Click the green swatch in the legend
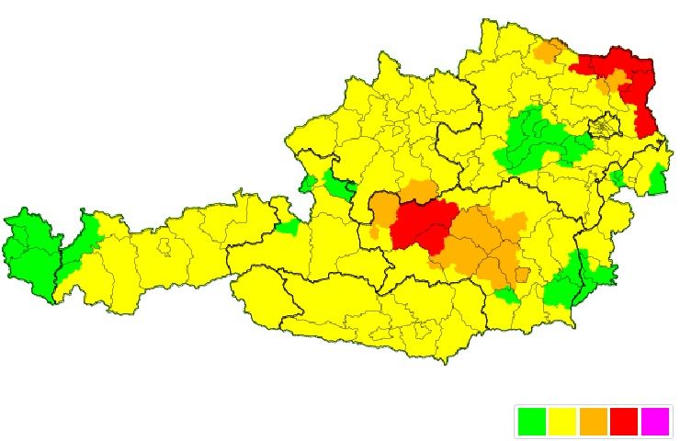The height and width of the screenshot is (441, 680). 532,422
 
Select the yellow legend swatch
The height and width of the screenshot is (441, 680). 562,422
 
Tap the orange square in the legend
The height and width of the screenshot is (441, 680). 594,422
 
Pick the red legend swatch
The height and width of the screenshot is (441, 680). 624,422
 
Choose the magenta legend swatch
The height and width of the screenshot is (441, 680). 655,422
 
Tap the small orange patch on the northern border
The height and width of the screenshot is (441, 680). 550,51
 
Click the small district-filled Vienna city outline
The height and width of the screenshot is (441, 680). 605,126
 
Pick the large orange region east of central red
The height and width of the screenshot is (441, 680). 482,243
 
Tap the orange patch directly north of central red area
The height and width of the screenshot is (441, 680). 420,191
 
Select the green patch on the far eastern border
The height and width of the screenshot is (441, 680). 657,179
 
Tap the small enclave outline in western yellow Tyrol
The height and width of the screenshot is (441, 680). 164,246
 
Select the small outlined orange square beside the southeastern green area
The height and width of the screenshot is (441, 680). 523,274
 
